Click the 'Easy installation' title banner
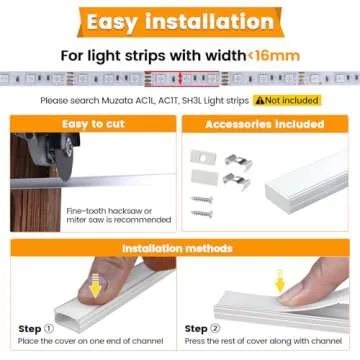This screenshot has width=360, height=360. click(180, 20)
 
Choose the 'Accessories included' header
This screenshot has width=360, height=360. click(264, 124)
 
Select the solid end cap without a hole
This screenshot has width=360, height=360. click(205, 175)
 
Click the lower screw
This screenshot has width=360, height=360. click(204, 212)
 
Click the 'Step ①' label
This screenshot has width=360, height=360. click(34, 328)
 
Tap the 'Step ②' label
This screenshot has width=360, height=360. click(201, 328)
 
